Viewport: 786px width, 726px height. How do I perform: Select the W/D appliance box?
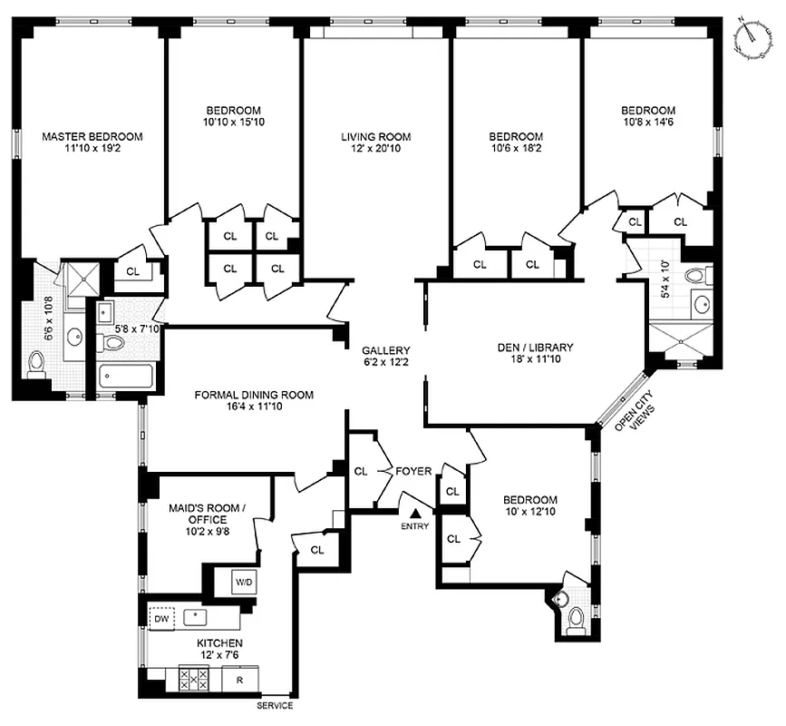pos(245,582)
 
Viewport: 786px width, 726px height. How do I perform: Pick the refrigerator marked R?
pos(240,678)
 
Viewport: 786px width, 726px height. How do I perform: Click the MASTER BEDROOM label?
pos(92,137)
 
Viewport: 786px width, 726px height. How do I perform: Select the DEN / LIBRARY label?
pos(535,347)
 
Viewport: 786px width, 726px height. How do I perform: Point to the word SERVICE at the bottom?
pos(274,705)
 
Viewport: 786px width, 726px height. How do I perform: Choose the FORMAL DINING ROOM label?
pos(254,395)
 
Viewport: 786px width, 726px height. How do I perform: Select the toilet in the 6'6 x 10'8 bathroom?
pos(36,365)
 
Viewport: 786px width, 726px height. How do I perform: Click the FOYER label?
pos(413,471)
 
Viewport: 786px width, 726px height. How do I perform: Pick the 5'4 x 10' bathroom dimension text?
pos(665,280)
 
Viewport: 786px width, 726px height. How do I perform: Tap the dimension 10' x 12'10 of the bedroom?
pos(531,513)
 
